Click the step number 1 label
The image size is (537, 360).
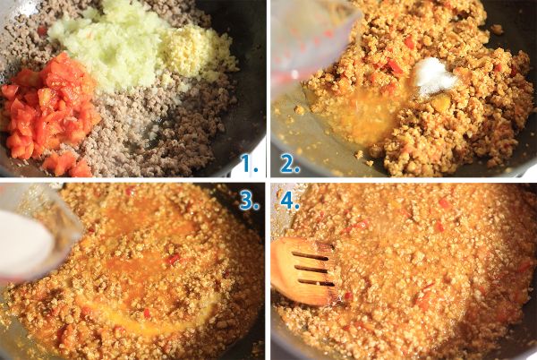point(249,163)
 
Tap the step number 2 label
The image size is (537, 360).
point(290,164)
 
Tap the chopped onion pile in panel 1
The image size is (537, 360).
point(109,45)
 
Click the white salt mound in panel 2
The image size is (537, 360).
point(434,75)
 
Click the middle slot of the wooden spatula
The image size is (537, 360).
point(311,270)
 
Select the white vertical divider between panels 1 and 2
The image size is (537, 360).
point(268,89)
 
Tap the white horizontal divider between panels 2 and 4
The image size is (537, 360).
point(404,180)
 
